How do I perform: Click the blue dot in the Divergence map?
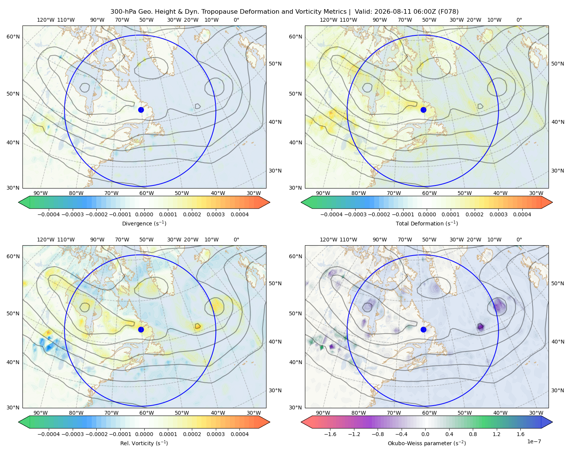(x=141, y=110)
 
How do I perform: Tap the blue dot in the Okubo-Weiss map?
(x=423, y=329)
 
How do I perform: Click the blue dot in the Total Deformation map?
(x=423, y=110)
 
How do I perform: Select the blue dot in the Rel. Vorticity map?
(x=141, y=329)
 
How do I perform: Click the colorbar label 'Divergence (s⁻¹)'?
(x=144, y=224)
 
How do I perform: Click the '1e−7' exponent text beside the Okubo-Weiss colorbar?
(x=534, y=442)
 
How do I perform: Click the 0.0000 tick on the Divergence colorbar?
(x=144, y=214)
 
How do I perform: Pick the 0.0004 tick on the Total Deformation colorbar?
(x=522, y=214)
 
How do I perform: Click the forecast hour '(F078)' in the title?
(x=448, y=12)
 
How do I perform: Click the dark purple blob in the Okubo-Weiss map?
(x=480, y=326)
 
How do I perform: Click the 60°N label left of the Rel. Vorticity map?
(x=13, y=257)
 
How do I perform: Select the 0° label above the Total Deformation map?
(x=519, y=20)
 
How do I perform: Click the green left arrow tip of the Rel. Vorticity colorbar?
(x=19, y=422)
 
